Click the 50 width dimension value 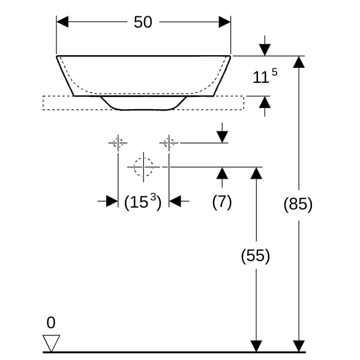tap(143, 22)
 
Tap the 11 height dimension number tap(260, 77)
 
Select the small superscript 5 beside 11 tap(275, 73)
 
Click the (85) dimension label tap(298, 204)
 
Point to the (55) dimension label tap(256, 256)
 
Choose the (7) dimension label tap(222, 202)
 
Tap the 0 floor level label tap(51, 323)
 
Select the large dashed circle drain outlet tap(143, 167)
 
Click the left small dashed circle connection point tap(118, 143)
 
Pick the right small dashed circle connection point tap(169, 143)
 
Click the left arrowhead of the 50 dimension tap(62, 22)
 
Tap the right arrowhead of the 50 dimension tap(224, 22)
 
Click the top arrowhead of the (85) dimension tap(299, 62)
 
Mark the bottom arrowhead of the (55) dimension tap(256, 346)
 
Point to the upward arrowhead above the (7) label tap(222, 173)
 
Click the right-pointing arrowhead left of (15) tap(112, 201)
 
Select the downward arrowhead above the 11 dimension tap(265, 50)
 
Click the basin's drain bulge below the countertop tap(143, 103)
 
